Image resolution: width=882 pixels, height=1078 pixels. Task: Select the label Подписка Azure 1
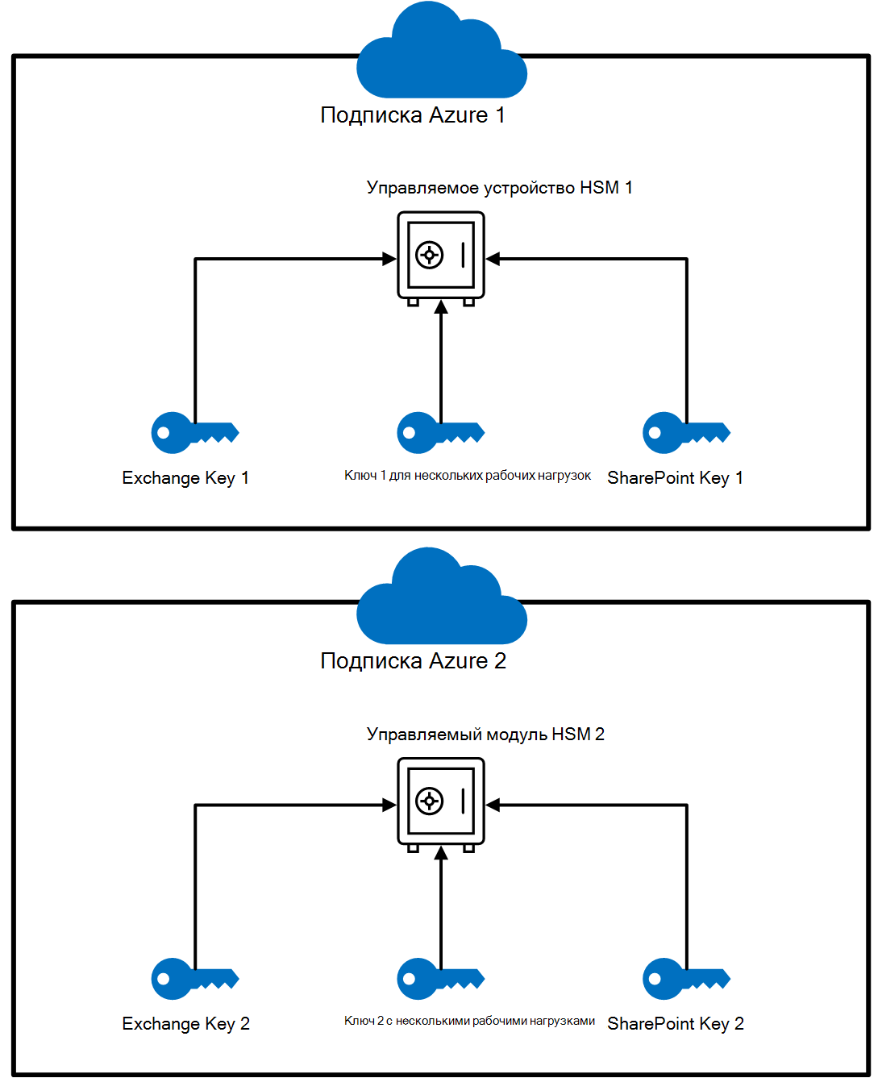coord(413,115)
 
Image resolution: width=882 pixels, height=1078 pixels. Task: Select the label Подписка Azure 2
coord(413,661)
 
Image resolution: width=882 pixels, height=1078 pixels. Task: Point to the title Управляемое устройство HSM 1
coord(499,188)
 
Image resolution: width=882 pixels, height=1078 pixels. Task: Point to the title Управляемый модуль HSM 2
coord(485,735)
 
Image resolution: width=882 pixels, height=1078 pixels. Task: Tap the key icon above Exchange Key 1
coord(194,433)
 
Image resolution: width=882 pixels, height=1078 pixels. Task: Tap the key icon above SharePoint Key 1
coord(686,433)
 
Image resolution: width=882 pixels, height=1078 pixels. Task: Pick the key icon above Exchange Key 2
coord(194,979)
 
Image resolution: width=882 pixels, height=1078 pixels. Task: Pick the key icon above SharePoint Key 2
coord(686,979)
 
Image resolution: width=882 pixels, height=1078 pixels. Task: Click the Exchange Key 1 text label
coord(185,478)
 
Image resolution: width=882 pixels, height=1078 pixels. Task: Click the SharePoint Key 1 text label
coord(675,478)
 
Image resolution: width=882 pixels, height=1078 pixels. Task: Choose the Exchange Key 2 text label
coord(185,1024)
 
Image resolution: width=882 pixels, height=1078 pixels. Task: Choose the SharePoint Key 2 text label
coord(675,1024)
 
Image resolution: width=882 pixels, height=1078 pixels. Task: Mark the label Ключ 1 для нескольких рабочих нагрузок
coord(468,476)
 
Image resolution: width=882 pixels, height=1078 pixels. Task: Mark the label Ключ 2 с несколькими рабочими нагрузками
coord(469,1022)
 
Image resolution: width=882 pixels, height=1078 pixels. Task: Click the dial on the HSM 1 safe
coord(429,256)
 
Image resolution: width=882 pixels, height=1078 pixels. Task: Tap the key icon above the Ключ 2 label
coord(440,979)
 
